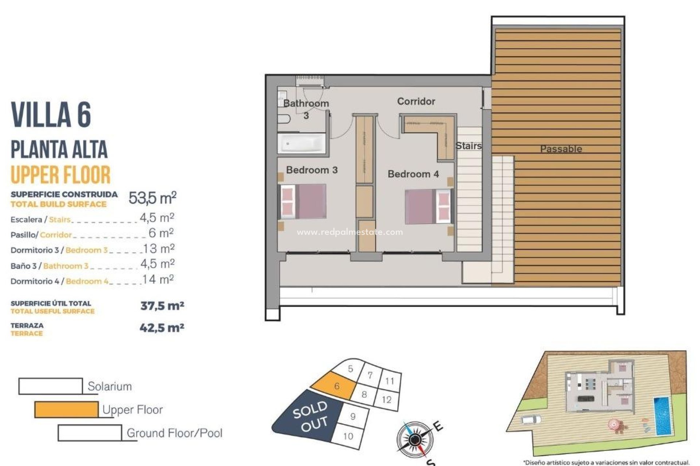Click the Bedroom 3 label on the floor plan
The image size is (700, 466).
pos(312,170)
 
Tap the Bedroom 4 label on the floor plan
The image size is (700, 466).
pos(413,174)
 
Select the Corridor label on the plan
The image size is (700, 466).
pos(416,101)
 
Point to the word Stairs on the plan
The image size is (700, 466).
pos(468,146)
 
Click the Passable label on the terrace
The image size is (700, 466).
pos(561,149)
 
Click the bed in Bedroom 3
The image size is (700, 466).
pos(303,201)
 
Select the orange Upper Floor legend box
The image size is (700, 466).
pos(66,410)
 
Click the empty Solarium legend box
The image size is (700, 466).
pos(50,386)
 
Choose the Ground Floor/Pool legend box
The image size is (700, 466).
pos(90,433)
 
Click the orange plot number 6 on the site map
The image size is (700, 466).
pos(336,386)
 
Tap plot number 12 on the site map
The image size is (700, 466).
pos(386,400)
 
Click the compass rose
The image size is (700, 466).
pos(414,440)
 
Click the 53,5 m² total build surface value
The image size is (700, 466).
pos(152,198)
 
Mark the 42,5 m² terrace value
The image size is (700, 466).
pos(162,328)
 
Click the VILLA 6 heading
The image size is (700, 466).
pos(51,115)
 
